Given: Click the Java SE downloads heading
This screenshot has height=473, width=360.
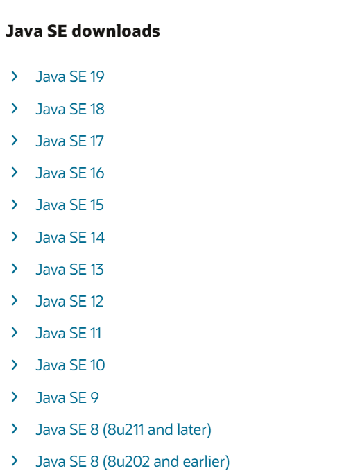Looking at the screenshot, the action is coord(83,31).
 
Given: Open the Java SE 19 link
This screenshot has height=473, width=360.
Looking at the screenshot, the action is coord(70,76).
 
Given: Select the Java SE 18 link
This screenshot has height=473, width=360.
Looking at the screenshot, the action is coord(70,109).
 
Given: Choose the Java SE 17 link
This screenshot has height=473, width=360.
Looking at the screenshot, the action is coord(69,141).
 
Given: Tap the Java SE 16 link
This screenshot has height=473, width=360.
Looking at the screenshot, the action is coord(70,173).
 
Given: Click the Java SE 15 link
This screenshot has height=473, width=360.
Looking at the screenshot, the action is coord(69,205).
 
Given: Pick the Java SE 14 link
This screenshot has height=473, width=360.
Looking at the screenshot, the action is coord(70,237).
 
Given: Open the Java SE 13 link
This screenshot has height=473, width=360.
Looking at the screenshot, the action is coord(69,269).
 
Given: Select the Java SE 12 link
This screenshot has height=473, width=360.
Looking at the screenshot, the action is coord(69,301).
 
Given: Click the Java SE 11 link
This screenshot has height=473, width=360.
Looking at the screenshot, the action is coord(69,333).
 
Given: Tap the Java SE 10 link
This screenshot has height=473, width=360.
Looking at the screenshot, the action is coord(70,365).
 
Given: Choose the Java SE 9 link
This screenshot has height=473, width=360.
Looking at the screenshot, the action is coord(67,397).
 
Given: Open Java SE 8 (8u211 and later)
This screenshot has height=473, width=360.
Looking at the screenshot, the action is coord(123,429).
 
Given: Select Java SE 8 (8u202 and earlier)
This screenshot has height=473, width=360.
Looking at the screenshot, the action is coord(132,461).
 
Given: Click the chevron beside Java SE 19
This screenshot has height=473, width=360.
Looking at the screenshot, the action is coord(14,76).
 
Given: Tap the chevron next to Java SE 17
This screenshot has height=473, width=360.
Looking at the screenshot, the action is coord(14,140).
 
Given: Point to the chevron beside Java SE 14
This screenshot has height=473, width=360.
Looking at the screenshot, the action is coord(14,237).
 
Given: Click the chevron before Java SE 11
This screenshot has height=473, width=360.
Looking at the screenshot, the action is coord(14,332).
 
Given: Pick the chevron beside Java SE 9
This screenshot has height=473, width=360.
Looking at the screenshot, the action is coord(14,397).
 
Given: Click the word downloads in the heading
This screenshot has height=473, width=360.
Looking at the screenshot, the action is coord(116,31).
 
